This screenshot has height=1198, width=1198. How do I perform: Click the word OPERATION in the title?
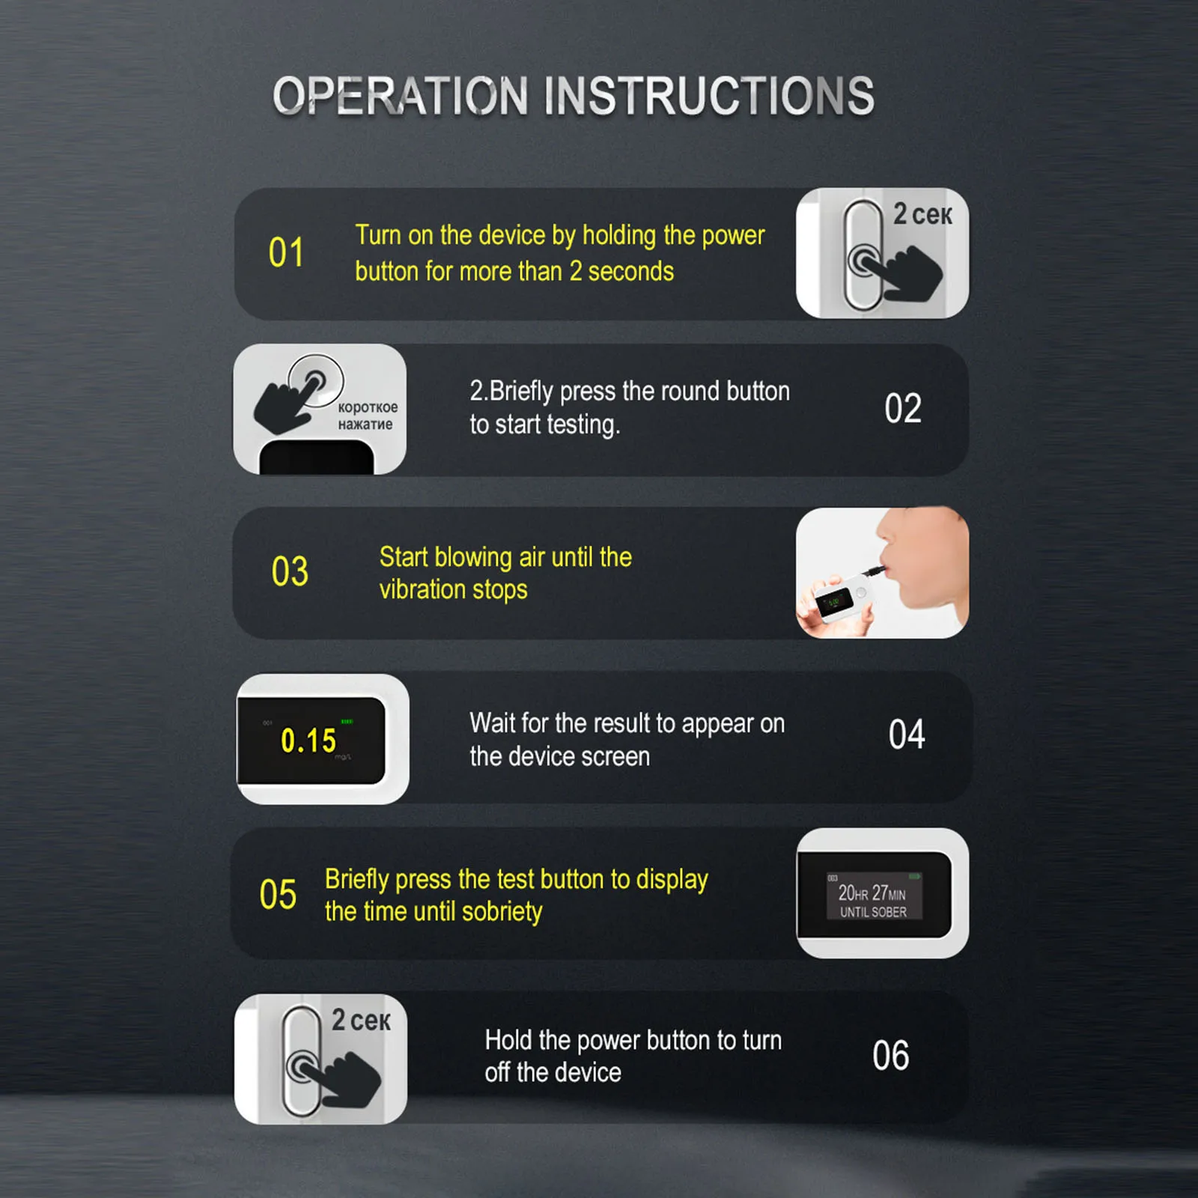[x=401, y=96]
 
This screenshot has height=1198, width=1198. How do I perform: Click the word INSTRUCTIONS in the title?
[x=709, y=96]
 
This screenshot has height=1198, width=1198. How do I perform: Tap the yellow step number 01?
[x=286, y=252]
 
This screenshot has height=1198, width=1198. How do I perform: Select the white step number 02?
[x=903, y=409]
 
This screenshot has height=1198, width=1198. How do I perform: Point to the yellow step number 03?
[x=290, y=572]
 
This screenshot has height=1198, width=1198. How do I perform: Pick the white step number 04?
[x=907, y=735]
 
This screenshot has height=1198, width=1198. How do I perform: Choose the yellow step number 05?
[x=278, y=895]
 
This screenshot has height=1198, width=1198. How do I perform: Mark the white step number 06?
[x=891, y=1056]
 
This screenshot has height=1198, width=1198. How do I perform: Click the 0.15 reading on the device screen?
[x=308, y=741]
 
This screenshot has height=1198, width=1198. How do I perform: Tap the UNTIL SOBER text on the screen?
[x=873, y=912]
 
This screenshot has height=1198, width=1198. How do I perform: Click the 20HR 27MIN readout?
[x=872, y=893]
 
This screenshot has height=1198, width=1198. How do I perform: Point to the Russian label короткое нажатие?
[x=367, y=416]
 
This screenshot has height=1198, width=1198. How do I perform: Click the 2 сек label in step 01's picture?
[x=922, y=215]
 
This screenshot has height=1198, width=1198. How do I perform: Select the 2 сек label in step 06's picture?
[x=361, y=1020]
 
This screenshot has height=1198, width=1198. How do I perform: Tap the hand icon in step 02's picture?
[x=288, y=401]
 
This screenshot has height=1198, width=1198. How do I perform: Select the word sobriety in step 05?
[x=502, y=912]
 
